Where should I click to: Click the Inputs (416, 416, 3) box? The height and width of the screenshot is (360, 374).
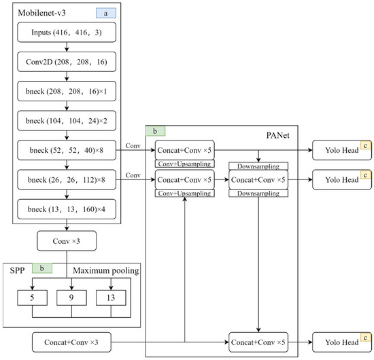coord(66,33)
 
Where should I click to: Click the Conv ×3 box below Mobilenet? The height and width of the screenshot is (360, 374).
coord(66,240)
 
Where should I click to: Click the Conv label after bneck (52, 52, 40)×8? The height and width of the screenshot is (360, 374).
coord(133,144)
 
